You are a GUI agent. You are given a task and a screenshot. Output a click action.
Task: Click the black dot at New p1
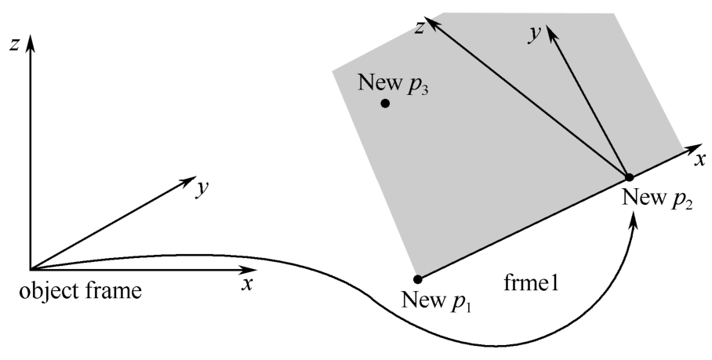[418, 279]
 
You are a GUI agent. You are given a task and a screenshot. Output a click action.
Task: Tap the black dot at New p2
[630, 177]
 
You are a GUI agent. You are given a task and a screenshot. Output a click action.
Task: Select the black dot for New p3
[385, 104]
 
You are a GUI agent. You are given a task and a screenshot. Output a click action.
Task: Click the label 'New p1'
[437, 300]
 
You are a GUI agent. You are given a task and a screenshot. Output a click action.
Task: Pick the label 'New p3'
[393, 83]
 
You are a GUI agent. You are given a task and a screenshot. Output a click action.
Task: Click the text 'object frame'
[80, 291]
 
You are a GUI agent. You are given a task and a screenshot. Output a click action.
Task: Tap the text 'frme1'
[531, 283]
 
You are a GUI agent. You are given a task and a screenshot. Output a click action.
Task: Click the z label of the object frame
[15, 45]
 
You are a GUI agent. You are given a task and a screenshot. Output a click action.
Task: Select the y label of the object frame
[202, 188]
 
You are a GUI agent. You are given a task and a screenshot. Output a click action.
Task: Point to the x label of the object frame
[246, 285]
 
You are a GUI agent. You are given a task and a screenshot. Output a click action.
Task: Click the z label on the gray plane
[420, 27]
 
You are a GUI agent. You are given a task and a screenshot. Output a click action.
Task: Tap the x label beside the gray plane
[701, 160]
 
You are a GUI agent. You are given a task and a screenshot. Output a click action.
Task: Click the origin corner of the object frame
[31, 270]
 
